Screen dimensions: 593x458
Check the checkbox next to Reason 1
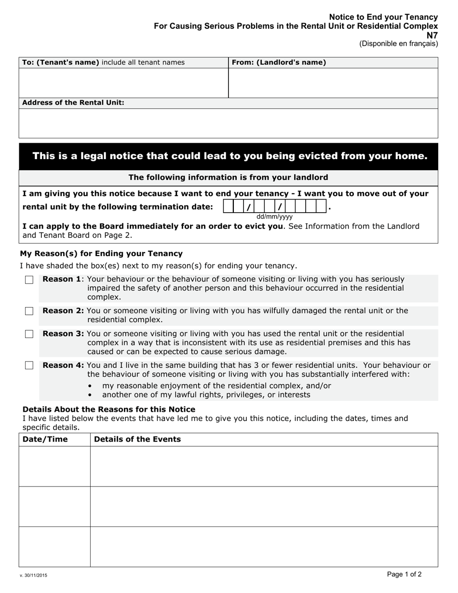click(29, 280)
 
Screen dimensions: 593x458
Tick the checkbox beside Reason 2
click(29, 311)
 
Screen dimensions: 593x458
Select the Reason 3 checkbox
click(29, 334)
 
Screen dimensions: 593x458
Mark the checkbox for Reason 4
click(29, 365)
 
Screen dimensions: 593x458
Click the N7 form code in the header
click(432, 35)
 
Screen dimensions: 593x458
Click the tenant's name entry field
click(123, 83)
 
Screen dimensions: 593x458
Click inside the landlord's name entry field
click(333, 83)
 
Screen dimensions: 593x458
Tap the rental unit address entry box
click(228, 123)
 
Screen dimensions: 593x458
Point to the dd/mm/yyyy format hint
click(274, 217)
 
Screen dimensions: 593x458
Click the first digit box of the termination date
click(229, 207)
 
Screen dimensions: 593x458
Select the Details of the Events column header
click(137, 439)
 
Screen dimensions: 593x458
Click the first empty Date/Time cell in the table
click(54, 466)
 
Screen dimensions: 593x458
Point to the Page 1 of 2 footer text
click(404, 574)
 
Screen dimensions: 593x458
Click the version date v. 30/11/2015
click(33, 576)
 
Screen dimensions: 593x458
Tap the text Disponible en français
click(398, 44)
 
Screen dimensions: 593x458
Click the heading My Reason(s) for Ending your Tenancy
click(101, 254)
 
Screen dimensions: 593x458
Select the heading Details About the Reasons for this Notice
click(109, 409)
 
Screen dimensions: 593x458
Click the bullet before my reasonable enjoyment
click(91, 386)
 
